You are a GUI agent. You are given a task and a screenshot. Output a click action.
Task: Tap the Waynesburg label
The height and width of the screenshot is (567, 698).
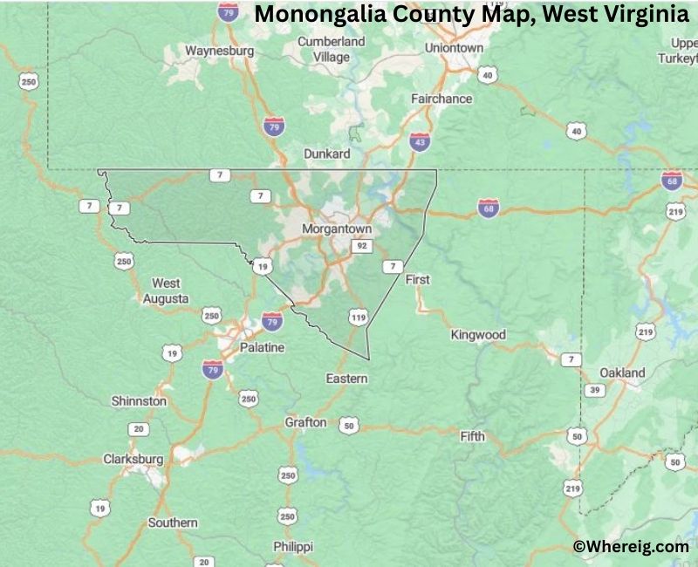tap(219, 51)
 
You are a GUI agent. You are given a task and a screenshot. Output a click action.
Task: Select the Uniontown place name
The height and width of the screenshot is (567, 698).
tap(454, 48)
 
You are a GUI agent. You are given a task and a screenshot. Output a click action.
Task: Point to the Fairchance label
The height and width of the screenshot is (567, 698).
tap(441, 99)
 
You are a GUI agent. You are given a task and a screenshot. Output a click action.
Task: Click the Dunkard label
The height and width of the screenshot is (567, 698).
tap(326, 154)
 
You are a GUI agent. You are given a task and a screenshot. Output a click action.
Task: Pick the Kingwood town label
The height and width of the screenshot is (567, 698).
tap(478, 334)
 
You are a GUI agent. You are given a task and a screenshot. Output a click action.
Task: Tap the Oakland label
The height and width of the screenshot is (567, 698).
tap(623, 372)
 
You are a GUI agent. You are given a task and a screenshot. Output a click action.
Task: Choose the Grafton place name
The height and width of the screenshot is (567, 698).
tap(305, 422)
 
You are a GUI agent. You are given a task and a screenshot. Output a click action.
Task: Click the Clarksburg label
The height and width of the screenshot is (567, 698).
tap(133, 458)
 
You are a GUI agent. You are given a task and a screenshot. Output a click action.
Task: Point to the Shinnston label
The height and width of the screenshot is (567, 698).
tap(139, 400)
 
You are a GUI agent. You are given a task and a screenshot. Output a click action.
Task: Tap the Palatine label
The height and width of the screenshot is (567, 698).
tap(263, 347)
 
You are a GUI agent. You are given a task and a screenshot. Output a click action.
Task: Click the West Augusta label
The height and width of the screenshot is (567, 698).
tap(166, 290)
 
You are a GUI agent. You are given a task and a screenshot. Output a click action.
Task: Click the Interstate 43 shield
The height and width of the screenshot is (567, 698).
tap(419, 140)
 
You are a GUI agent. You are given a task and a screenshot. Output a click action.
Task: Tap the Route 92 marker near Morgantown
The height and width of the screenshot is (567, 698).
tap(361, 247)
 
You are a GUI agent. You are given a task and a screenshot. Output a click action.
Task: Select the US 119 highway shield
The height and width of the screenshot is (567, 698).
tap(358, 318)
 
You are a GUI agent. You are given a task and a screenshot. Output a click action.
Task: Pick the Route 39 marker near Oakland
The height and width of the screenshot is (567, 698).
tap(594, 390)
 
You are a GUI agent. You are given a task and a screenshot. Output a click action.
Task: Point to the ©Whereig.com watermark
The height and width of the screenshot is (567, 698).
tap(631, 546)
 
